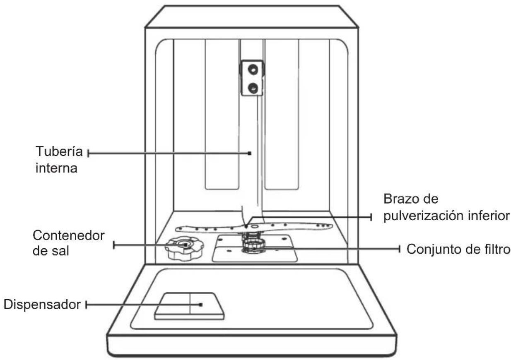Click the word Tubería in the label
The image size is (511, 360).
(59, 151)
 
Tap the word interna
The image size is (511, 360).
(56, 168)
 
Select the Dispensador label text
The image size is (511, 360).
(42, 305)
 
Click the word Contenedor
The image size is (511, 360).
(68, 235)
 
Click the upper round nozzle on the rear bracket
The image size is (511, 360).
(253, 69)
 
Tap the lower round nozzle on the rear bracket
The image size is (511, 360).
(253, 88)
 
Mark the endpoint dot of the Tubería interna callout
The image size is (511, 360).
(250, 153)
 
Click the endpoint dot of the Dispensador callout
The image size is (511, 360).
(201, 305)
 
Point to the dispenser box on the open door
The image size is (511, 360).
(189, 306)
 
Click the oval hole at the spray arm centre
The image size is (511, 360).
(255, 226)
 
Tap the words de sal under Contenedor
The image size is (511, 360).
(51, 251)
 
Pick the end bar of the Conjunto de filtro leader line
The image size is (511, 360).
(400, 249)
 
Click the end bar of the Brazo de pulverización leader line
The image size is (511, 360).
(371, 217)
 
